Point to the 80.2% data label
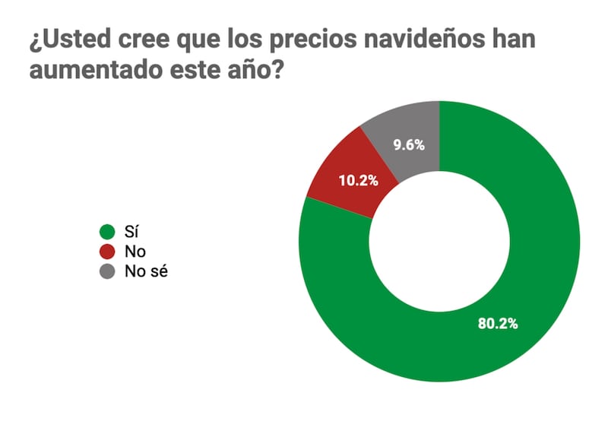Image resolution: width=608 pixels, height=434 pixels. tap(498, 324)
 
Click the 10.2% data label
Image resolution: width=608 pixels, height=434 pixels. tap(358, 182)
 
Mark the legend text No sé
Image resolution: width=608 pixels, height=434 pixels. tap(145, 271)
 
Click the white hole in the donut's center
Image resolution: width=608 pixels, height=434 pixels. tap(439, 241)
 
